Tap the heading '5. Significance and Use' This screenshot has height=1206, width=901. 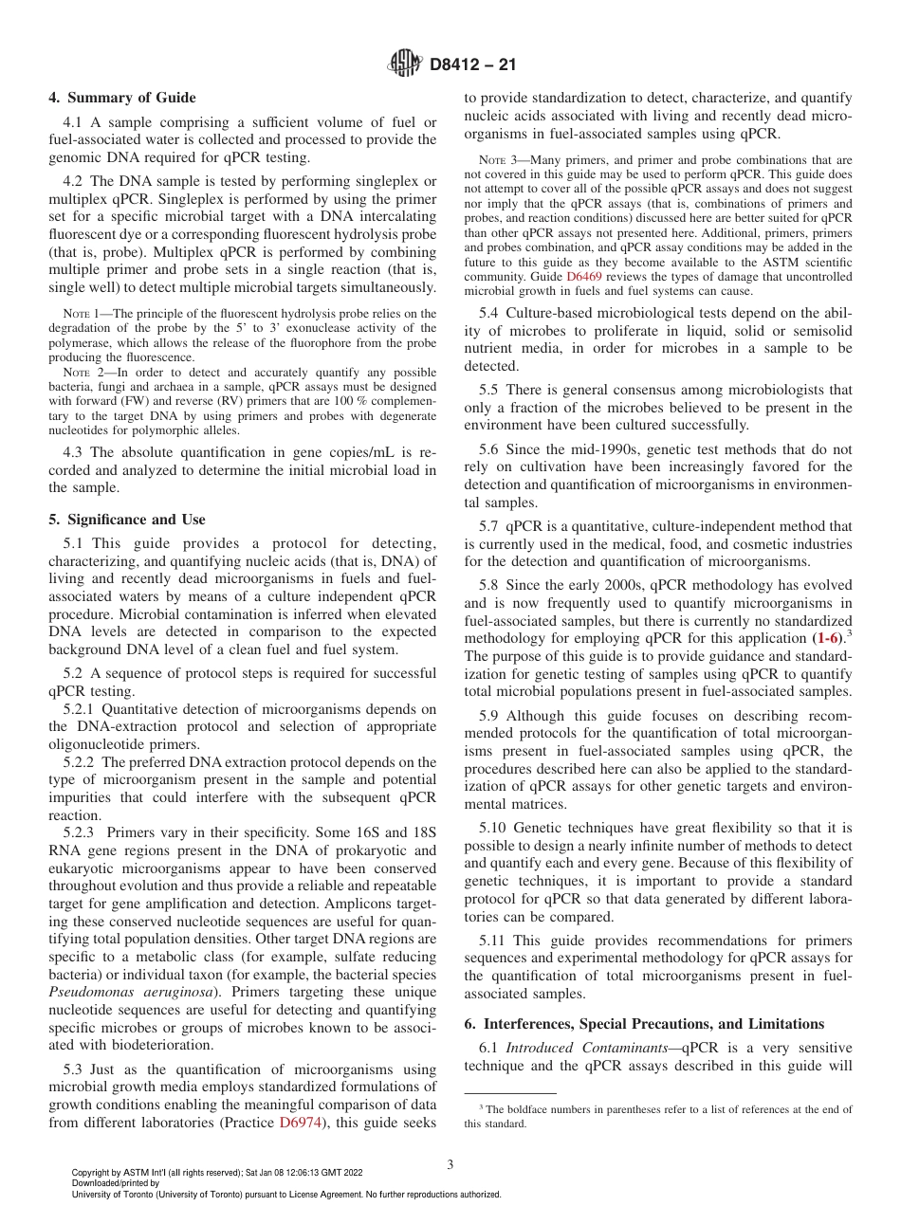coord(126,520)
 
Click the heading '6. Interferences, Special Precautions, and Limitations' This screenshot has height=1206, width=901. coord(645,1024)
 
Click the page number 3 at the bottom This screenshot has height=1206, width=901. coord(450,1165)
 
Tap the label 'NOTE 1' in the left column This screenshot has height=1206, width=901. coord(77,314)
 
